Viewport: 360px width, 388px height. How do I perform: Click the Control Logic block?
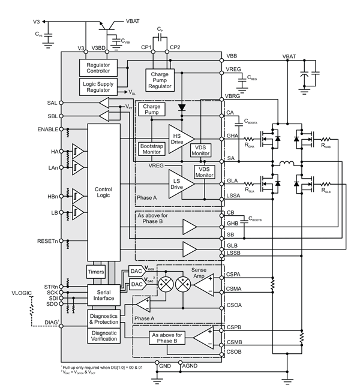[104, 193]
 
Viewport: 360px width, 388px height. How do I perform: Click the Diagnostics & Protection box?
[103, 318]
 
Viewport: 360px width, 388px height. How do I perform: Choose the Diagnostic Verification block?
[103, 336]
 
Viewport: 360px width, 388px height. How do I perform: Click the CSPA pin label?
[234, 275]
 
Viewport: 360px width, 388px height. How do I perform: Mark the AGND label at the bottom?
[190, 365]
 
